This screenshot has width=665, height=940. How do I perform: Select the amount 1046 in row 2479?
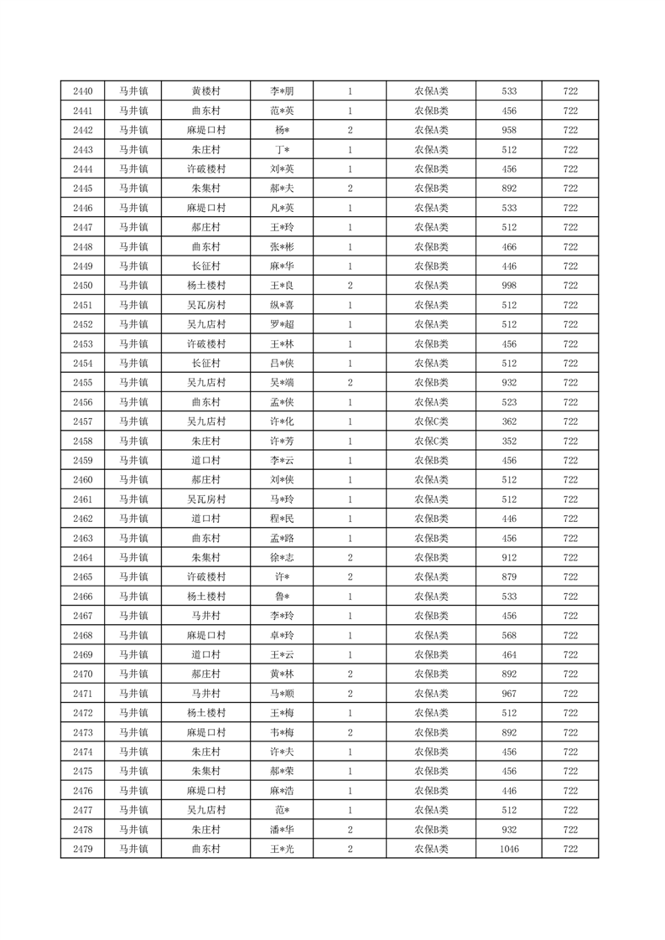pyautogui.click(x=508, y=849)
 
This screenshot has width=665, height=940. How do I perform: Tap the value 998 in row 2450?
pyautogui.click(x=508, y=286)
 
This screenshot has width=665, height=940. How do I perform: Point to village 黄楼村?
pyautogui.click(x=205, y=91)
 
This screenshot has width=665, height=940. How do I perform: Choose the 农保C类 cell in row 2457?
pyautogui.click(x=431, y=421)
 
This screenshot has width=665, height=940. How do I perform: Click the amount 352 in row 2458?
pyautogui.click(x=508, y=442)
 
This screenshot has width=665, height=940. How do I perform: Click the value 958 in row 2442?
pyautogui.click(x=508, y=130)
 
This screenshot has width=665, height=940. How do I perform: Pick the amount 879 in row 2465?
pyautogui.click(x=508, y=577)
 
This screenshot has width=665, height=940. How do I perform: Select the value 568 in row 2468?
pyautogui.click(x=508, y=635)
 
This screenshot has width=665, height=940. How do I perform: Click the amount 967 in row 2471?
pyautogui.click(x=508, y=694)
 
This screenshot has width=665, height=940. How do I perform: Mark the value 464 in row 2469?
pyautogui.click(x=508, y=654)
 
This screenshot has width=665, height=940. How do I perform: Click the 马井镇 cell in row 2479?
pyautogui.click(x=132, y=849)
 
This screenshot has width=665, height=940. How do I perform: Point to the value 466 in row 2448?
pyautogui.click(x=508, y=247)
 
